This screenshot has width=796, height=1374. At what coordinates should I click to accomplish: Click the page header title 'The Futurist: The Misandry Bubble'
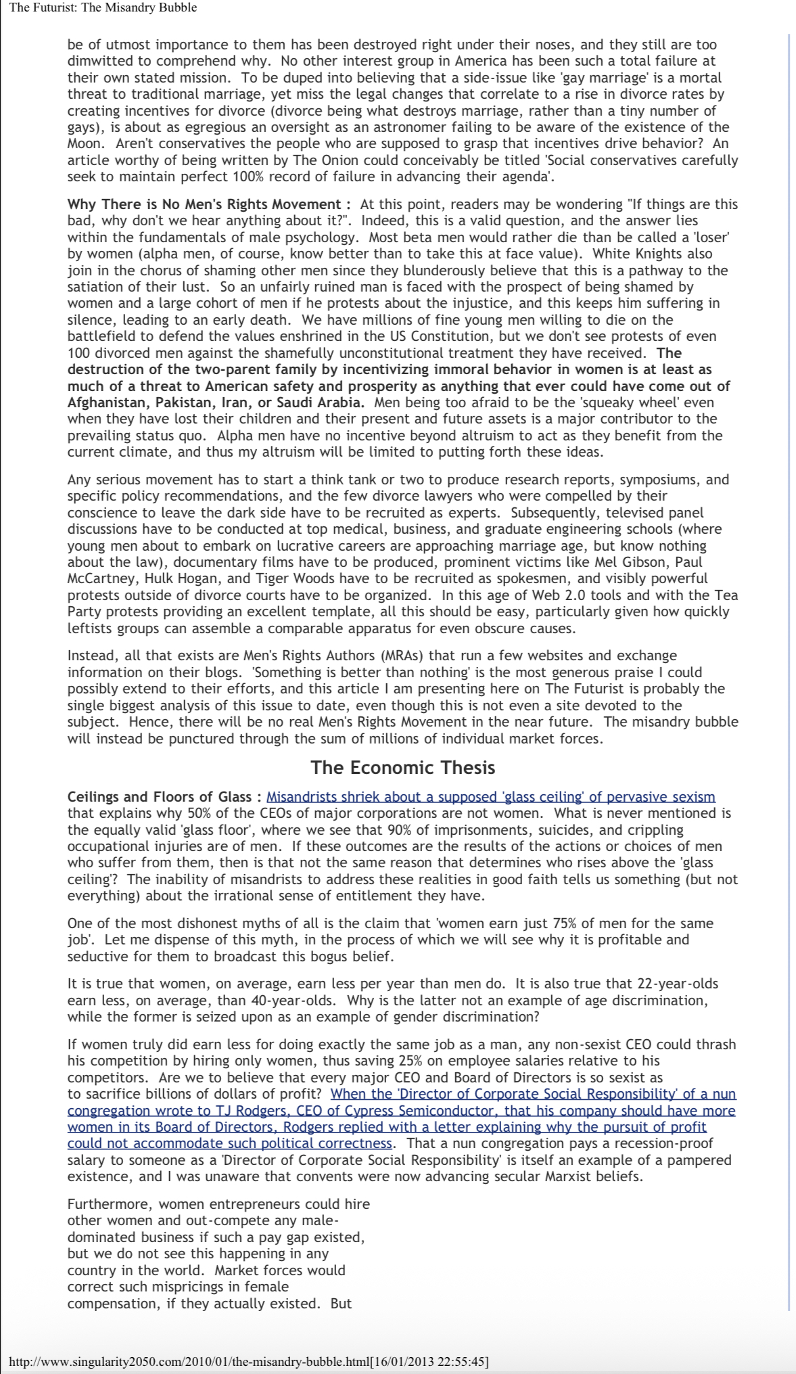(103, 8)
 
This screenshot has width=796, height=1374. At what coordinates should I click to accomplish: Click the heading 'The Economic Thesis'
(402, 767)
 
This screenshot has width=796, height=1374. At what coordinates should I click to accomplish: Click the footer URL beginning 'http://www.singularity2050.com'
(248, 1361)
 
